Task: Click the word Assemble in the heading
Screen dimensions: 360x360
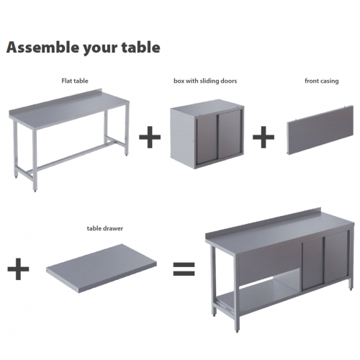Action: tap(42, 47)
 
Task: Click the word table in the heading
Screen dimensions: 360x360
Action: tap(141, 47)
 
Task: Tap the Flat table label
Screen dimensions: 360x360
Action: tap(75, 81)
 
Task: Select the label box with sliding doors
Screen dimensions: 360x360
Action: tap(205, 81)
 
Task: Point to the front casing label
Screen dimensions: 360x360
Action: tap(322, 81)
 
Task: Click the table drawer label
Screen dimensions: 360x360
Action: tap(105, 228)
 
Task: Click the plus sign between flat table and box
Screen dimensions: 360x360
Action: tap(150, 137)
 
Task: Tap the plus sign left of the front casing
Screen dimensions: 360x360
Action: tap(264, 137)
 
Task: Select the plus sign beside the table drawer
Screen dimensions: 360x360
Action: tap(18, 269)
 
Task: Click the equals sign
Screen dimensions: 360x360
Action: tap(184, 269)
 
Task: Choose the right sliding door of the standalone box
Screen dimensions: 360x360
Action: tap(230, 134)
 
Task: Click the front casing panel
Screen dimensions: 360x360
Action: tap(320, 130)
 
